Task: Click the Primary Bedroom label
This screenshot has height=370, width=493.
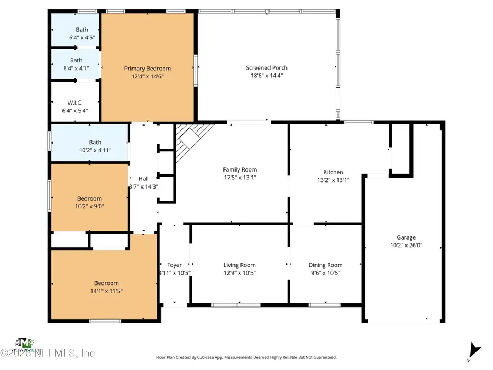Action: [x=147, y=69]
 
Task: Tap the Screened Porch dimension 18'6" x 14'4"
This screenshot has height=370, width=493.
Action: [x=267, y=76]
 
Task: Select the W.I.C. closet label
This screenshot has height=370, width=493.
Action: [x=74, y=103]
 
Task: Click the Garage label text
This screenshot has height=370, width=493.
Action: [x=406, y=237]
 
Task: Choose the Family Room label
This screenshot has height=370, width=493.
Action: [x=240, y=169]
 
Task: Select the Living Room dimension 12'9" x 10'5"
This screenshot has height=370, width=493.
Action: [x=240, y=273]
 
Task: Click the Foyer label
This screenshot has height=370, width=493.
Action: [x=174, y=265]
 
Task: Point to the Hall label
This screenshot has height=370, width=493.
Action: [x=144, y=179]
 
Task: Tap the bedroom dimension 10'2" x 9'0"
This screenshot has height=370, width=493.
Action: [x=89, y=206]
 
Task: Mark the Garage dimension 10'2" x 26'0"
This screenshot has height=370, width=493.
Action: [x=406, y=246]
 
